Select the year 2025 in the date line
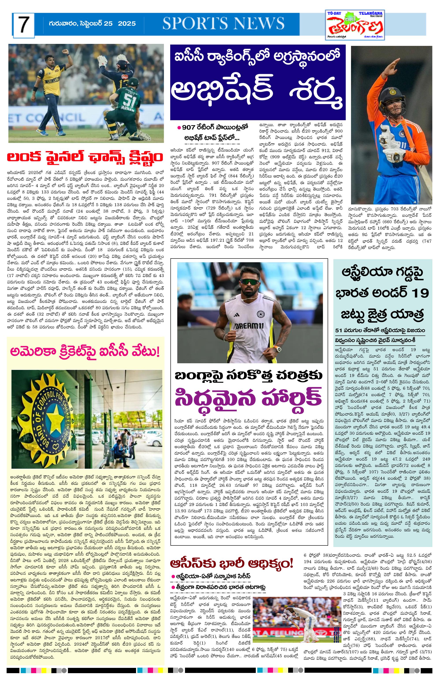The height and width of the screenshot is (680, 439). (127, 24)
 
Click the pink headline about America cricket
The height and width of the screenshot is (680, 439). (85, 352)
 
